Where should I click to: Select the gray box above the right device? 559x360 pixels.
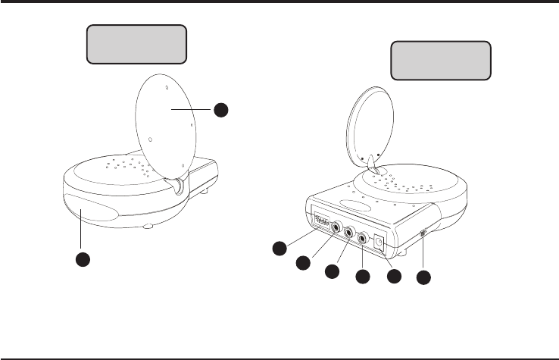[x=440, y=61]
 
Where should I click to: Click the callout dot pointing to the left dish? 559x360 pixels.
[x=220, y=110]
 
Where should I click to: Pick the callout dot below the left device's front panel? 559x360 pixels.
[x=83, y=258]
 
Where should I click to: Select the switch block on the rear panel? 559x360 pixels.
[x=320, y=223]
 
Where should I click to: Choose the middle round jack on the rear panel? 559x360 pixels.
[x=350, y=233]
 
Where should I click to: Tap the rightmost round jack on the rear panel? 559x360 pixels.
[x=364, y=240]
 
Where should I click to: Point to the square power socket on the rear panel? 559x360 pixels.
[x=379, y=244]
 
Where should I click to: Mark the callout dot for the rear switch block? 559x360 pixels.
[x=280, y=249]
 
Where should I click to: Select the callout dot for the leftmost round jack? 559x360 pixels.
[x=303, y=262]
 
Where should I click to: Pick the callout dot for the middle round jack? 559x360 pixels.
[x=331, y=271]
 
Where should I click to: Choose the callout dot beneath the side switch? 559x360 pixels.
[x=424, y=278]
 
